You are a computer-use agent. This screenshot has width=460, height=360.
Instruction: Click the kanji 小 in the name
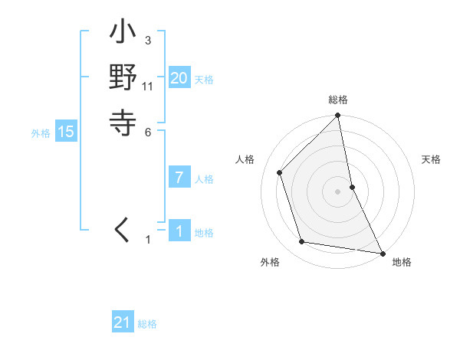pyautogui.click(x=123, y=35)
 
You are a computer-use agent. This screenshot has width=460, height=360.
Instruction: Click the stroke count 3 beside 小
pyautogui.click(x=147, y=40)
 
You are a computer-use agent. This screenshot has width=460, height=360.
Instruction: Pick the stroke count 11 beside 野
pyautogui.click(x=148, y=86)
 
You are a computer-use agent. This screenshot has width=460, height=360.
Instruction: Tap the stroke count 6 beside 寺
pyautogui.click(x=147, y=132)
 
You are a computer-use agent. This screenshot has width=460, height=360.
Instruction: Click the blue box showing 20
pyautogui.click(x=179, y=77)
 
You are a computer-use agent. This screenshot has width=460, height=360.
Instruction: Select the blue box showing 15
pyautogui.click(x=66, y=132)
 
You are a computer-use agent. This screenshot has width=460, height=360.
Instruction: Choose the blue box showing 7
pyautogui.click(x=179, y=178)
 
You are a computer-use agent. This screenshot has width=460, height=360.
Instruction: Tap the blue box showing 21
pyautogui.click(x=123, y=322)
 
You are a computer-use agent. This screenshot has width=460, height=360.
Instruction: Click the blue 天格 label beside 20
pyautogui.click(x=204, y=79)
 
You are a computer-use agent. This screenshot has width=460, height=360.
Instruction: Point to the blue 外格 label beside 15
pyautogui.click(x=41, y=133)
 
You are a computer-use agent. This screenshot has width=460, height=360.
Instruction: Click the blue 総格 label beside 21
pyautogui.click(x=147, y=324)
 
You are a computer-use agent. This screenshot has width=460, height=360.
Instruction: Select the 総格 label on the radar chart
pyautogui.click(x=338, y=100)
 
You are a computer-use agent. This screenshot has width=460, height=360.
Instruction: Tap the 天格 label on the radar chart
pyautogui.click(x=432, y=159)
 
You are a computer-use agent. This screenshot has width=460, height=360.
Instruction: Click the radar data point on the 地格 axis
pyautogui.click(x=382, y=253)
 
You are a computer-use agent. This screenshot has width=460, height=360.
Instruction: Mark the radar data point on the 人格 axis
pyautogui.click(x=280, y=172)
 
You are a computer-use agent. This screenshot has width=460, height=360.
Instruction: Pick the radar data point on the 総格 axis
pyautogui.click(x=338, y=116)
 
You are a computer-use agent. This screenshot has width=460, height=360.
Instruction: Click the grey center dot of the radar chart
pyautogui.click(x=338, y=191)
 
